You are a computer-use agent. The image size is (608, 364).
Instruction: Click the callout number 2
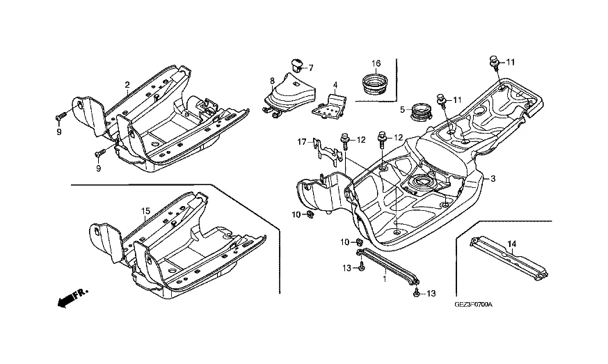127,85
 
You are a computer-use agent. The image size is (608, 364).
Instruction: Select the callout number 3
493,179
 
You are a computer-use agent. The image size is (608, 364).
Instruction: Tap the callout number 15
146,211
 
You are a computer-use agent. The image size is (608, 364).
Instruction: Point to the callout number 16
376,64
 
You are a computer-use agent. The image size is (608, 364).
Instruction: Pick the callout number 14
511,243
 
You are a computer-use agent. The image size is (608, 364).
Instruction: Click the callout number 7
311,68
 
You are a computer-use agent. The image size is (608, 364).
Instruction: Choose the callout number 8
273,81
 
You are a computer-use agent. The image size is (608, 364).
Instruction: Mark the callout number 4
335,86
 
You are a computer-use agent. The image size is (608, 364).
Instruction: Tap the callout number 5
402,109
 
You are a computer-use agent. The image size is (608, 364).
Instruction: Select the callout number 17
302,142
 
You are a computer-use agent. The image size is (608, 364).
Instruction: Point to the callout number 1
383,278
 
